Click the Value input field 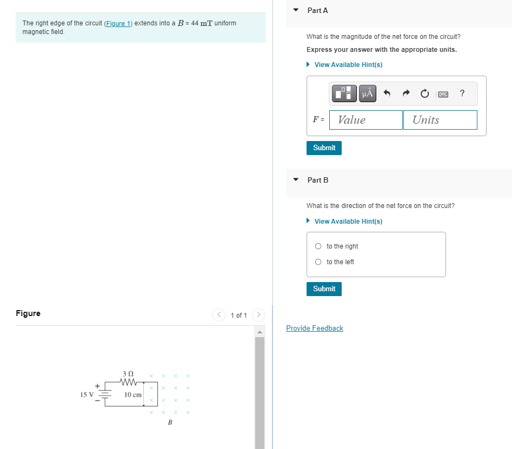(366, 120)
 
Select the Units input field (440, 120)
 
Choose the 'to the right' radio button (318, 246)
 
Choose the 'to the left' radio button (318, 262)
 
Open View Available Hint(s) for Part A (348, 65)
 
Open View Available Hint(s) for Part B (348, 222)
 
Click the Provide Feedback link (315, 328)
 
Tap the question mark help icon (462, 93)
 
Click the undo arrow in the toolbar (387, 93)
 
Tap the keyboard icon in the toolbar (443, 94)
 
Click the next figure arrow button (258, 314)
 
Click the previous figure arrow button (219, 314)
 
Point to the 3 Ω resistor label (128, 373)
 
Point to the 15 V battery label (87, 394)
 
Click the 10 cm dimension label (133, 395)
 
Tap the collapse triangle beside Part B (296, 180)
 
